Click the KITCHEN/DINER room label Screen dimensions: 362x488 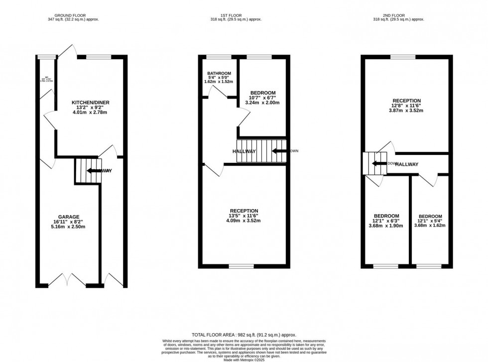point(90,103)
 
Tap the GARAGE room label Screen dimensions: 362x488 point(69,217)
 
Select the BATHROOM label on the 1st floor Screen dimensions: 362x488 point(219,74)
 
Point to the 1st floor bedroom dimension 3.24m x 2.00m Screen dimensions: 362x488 point(262,103)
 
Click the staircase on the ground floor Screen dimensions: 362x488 point(88,171)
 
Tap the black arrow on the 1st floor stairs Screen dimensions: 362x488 point(279,151)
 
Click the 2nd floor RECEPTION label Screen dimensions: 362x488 point(407,101)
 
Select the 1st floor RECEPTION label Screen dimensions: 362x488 point(244,211)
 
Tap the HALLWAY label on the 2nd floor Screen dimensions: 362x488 point(406,164)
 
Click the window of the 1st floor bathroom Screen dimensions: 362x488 point(216,57)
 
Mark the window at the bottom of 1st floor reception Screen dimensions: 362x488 point(242,266)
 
